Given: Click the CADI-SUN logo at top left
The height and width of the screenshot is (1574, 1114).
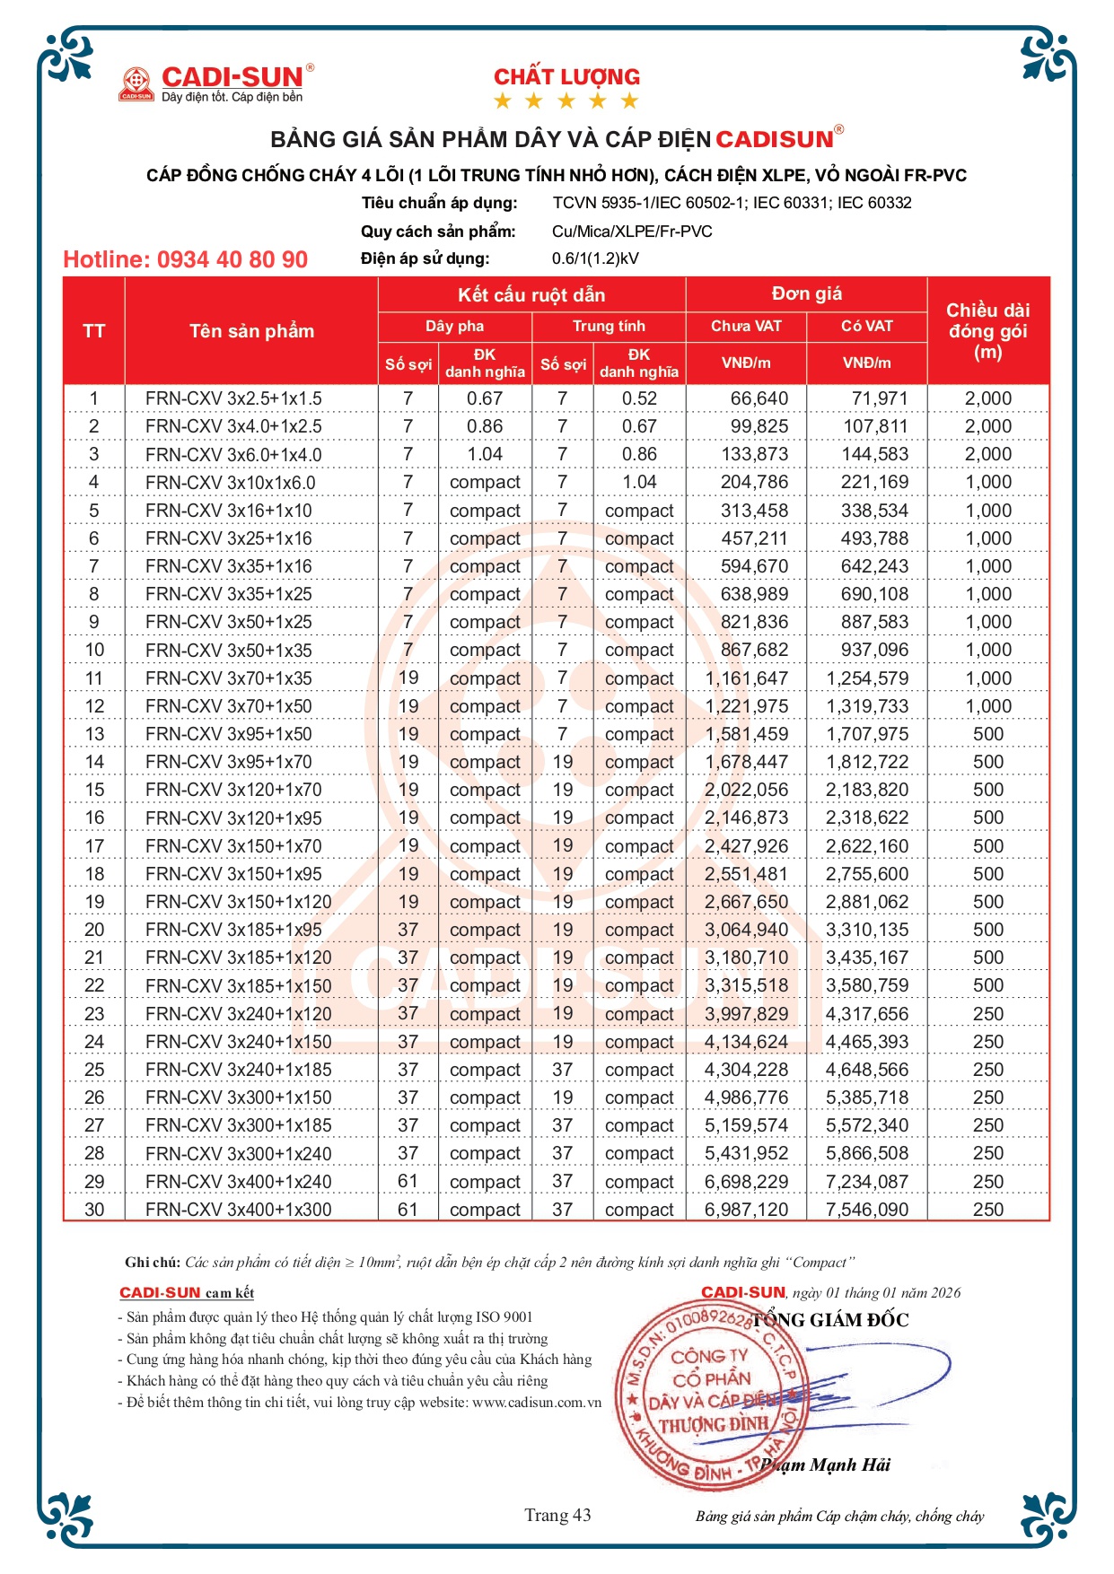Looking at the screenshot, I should [x=215, y=83].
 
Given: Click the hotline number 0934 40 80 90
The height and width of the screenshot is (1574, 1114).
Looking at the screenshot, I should [x=185, y=260].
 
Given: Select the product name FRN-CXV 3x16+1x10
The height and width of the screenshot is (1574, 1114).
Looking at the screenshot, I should [x=228, y=511].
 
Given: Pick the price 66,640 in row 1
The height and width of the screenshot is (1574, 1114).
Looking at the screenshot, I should [x=759, y=398].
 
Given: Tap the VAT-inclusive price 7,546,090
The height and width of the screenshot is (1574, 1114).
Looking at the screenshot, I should [x=867, y=1210].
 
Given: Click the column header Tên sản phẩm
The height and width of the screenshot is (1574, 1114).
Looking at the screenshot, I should [x=251, y=331].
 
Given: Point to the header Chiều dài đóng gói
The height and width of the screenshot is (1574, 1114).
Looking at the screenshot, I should [x=987, y=331].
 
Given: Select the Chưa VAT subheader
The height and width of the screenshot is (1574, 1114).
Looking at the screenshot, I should [x=746, y=326].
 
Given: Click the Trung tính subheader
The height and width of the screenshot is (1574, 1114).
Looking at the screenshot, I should [x=609, y=326].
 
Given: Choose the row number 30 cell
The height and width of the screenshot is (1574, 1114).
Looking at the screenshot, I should [x=94, y=1210].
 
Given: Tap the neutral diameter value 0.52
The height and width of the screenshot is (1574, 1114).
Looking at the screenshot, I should [x=639, y=398].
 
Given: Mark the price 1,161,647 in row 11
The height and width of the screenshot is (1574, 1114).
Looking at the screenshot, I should [x=747, y=678].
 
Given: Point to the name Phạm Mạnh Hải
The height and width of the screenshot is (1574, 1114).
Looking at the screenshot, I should [x=826, y=1465].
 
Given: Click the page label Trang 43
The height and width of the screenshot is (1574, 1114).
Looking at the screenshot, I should [x=557, y=1516].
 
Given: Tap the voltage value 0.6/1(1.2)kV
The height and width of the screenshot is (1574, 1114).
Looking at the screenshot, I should [x=595, y=258].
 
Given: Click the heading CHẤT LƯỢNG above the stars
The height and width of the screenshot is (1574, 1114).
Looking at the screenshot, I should [x=566, y=77].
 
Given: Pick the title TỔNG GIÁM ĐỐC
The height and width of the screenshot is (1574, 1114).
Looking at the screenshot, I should [x=830, y=1320].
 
